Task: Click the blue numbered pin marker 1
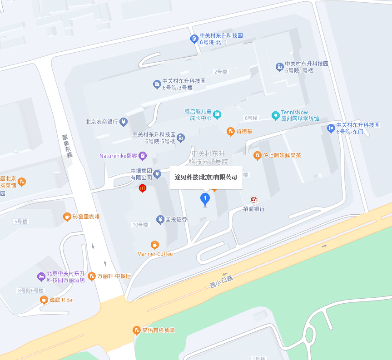coord(205,198)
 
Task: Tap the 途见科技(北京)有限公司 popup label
coord(206,177)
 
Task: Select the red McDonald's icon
coord(142,187)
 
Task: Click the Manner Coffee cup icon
coord(155,245)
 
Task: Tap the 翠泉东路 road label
coord(67,146)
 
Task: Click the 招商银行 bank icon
coord(254,200)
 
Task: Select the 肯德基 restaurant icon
coord(231,131)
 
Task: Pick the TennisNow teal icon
coord(275,115)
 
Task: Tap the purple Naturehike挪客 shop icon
coord(143,156)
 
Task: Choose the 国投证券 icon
coord(160,219)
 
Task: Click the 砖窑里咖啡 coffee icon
coord(67,217)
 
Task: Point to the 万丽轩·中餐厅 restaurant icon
coord(92,276)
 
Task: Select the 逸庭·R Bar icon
coord(44,300)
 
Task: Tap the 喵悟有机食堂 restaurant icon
coord(136,330)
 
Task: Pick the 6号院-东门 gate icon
coord(331,128)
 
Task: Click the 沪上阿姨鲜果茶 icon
coord(258,155)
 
